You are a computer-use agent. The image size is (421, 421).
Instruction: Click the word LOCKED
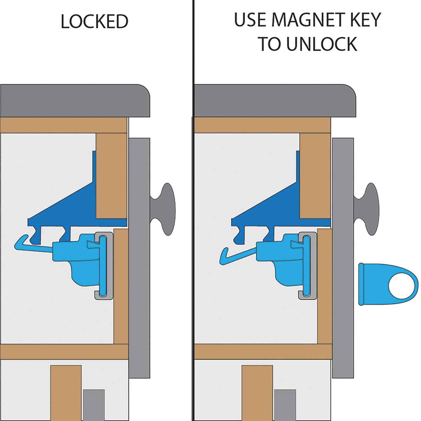(x=94, y=21)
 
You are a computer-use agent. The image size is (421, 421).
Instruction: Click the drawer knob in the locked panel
(x=165, y=209)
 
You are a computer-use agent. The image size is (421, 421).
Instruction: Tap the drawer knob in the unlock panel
(x=368, y=209)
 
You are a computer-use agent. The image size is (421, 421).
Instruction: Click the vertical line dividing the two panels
(x=193, y=210)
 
